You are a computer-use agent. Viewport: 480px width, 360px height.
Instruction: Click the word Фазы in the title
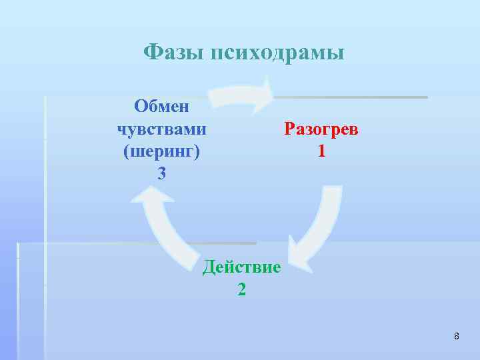click(x=174, y=52)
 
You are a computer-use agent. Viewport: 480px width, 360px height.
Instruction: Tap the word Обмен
click(x=161, y=106)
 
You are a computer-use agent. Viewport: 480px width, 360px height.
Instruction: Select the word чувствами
click(x=161, y=129)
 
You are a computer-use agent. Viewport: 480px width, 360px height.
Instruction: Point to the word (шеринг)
click(x=161, y=151)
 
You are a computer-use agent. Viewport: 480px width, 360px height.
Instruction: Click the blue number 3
click(x=161, y=174)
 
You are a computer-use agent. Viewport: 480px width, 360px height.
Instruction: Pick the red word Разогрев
click(x=321, y=129)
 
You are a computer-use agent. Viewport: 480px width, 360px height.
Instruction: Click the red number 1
click(x=321, y=151)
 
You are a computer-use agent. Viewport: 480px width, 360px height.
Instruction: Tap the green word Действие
click(x=241, y=267)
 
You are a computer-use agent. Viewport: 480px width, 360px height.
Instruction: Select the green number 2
click(x=241, y=290)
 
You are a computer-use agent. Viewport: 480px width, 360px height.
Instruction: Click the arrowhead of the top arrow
click(x=265, y=95)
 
